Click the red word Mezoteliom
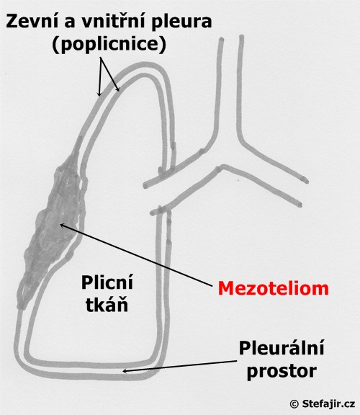click(x=274, y=288)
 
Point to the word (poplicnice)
click(x=109, y=44)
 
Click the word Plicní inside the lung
click(x=107, y=283)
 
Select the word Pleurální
click(x=282, y=347)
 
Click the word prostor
click(x=282, y=371)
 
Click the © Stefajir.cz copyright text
click(x=322, y=404)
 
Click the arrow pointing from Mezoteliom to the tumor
click(x=136, y=255)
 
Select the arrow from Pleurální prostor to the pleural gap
click(x=179, y=366)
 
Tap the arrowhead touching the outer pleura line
click(x=99, y=93)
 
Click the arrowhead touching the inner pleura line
click(x=117, y=89)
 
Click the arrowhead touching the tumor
click(x=63, y=225)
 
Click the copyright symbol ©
click(x=294, y=404)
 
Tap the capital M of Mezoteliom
click(x=225, y=288)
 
